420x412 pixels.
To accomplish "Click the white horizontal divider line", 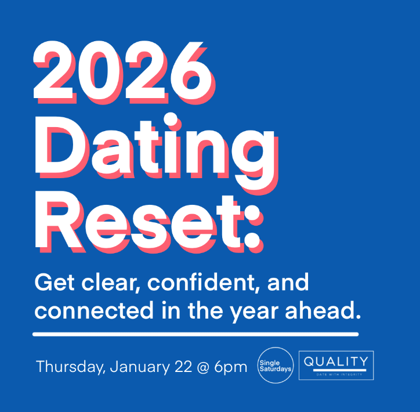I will (195, 334).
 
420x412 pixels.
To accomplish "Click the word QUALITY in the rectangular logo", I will (336, 361).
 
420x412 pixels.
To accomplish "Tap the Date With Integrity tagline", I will (336, 374).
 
